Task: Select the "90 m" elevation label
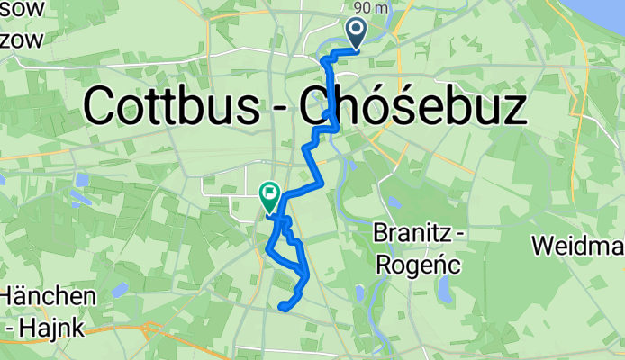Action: point(371,8)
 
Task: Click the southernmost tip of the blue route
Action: point(283,308)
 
